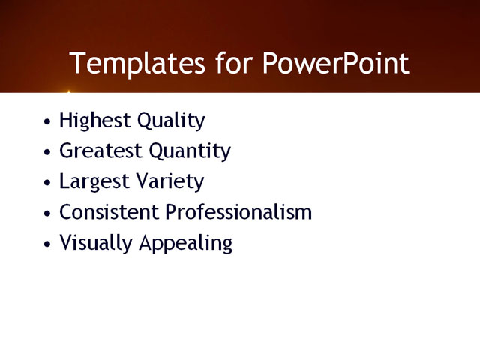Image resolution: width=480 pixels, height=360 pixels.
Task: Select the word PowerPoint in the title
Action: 336,63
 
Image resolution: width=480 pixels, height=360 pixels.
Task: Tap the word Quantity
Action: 190,151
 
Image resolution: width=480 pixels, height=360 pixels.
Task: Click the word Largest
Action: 94,182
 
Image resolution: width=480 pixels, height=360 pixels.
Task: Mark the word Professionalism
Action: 238,212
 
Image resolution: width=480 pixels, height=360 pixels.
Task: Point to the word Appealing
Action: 187,244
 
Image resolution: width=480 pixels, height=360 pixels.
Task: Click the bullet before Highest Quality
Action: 48,121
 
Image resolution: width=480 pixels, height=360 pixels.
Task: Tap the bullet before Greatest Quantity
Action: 48,152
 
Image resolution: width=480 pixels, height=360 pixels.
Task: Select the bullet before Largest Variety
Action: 48,183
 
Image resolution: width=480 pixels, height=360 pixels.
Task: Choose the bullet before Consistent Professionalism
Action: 48,214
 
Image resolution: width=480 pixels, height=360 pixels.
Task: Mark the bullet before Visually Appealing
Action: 48,244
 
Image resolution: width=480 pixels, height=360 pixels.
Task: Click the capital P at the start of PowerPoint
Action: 271,63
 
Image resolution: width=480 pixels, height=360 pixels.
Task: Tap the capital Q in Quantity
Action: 157,151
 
